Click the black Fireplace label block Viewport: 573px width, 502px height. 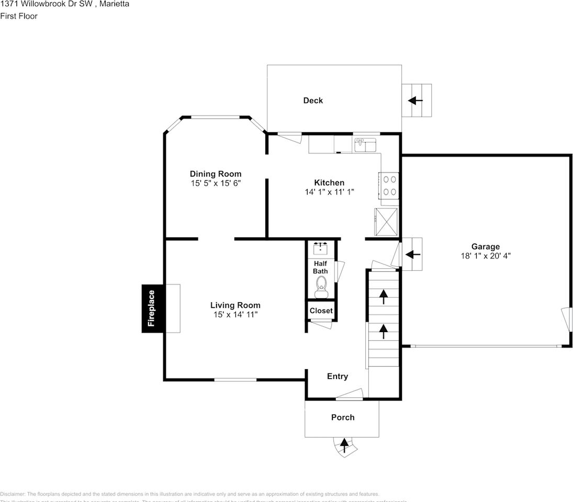152,309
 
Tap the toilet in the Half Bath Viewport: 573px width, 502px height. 321,285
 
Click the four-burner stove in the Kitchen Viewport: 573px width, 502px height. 389,185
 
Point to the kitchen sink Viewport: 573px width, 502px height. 365,145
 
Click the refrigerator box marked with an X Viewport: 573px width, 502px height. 386,222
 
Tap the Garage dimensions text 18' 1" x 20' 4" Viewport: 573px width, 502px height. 485,256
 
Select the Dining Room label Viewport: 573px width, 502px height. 216,174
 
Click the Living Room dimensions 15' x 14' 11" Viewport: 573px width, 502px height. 235,314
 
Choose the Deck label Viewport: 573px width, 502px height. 313,100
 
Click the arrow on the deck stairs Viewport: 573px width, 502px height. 416,100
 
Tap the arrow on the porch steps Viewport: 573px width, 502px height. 344,445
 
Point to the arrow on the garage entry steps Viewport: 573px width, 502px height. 413,255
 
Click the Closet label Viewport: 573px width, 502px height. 321,311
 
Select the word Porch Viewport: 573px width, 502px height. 343,417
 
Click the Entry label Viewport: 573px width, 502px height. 337,376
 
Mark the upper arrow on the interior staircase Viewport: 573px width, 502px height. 384,297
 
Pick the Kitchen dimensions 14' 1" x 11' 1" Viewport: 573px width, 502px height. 329,192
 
